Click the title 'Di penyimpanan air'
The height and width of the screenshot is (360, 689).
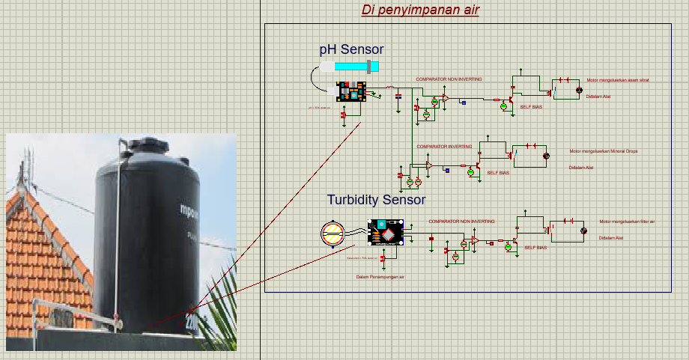point(420,10)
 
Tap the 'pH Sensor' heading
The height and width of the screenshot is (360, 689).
point(351,49)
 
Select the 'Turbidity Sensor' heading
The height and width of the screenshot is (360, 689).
point(376,200)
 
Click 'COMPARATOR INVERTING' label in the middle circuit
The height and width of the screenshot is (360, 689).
point(444,147)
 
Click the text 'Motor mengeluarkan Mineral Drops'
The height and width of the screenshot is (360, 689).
point(603,151)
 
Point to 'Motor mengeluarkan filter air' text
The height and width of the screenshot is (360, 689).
point(627,222)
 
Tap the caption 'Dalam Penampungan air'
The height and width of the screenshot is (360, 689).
point(380,277)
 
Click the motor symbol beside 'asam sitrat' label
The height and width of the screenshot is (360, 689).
point(578,90)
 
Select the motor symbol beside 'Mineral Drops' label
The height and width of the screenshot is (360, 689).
point(546,156)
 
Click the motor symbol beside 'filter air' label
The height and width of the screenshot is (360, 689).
point(585,231)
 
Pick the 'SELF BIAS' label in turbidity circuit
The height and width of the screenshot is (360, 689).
point(535,247)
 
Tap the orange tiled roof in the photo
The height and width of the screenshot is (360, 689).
point(41,254)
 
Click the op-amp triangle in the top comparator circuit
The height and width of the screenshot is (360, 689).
point(445,98)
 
